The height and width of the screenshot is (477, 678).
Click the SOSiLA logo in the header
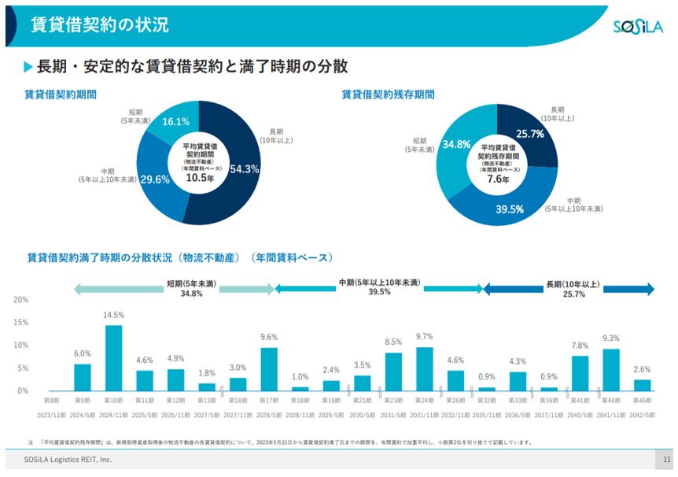(x=639, y=28)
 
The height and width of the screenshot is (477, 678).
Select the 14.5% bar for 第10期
(x=113, y=358)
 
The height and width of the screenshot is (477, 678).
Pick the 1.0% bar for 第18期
(x=300, y=388)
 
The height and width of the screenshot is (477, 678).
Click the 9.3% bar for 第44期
(x=611, y=370)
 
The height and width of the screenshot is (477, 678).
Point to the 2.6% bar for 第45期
(x=643, y=385)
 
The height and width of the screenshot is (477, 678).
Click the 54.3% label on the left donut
(x=245, y=168)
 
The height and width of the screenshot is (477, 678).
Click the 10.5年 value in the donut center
(x=200, y=178)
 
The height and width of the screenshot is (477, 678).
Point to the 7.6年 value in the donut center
(x=498, y=179)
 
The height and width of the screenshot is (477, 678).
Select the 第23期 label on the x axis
(x=393, y=401)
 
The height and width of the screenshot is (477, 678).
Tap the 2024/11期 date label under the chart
(x=113, y=412)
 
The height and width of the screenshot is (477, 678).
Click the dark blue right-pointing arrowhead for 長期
(x=650, y=289)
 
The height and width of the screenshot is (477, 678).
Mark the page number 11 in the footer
(x=666, y=459)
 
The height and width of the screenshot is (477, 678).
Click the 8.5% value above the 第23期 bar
(x=393, y=342)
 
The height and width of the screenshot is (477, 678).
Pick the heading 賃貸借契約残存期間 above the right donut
(x=388, y=94)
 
